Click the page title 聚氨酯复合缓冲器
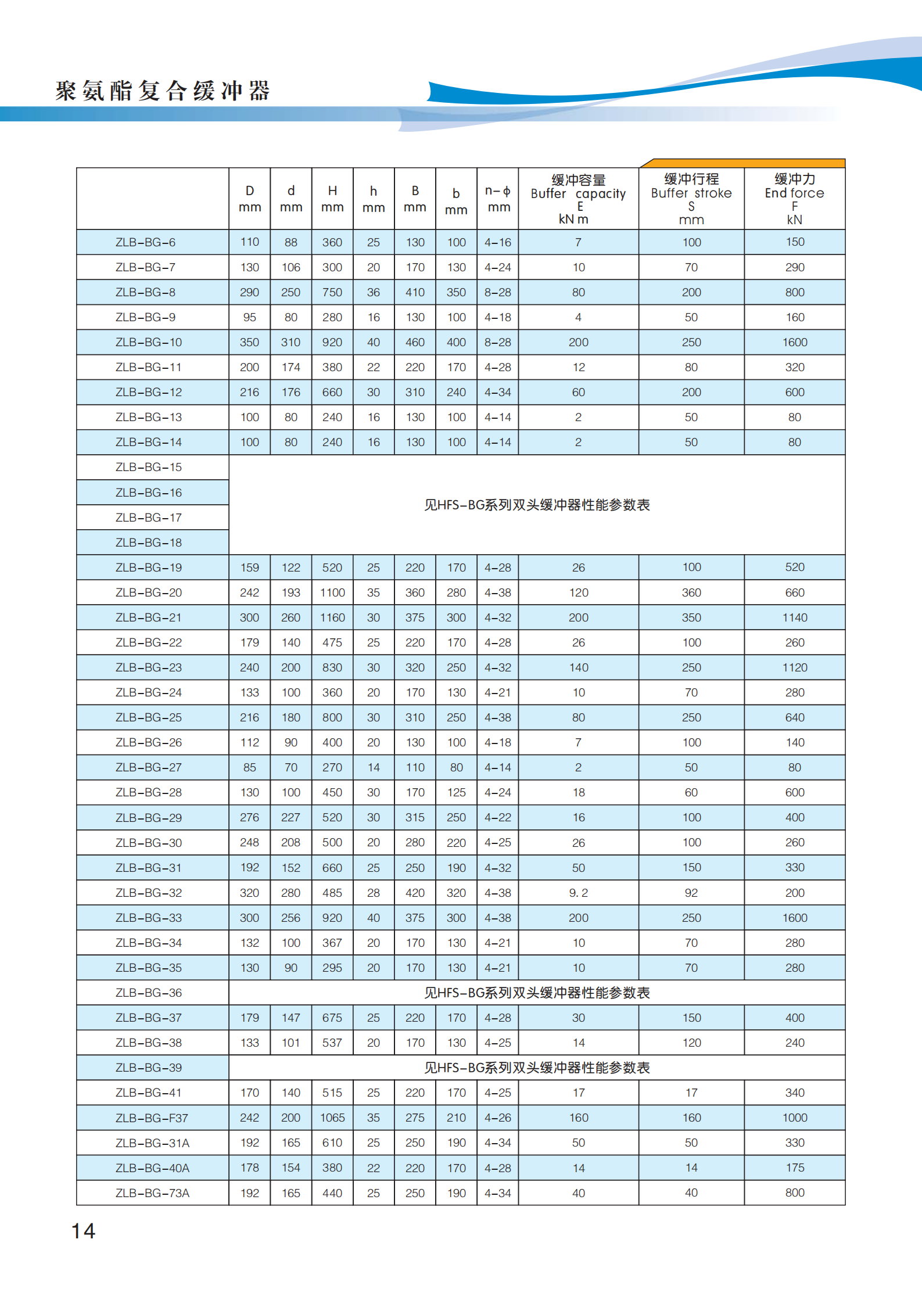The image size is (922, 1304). [x=163, y=91]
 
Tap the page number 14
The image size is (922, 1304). [x=83, y=1231]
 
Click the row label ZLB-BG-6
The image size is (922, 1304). [x=145, y=242]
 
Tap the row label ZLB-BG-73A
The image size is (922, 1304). [x=152, y=1192]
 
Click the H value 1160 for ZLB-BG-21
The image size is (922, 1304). [x=332, y=617]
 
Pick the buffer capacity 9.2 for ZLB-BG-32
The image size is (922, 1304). [x=578, y=893]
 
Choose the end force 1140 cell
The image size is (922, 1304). [x=794, y=617]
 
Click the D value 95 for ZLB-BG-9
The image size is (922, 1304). [x=249, y=317]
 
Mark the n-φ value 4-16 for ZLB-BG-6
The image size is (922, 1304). [x=498, y=242]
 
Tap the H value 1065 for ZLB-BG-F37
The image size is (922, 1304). [x=332, y=1118]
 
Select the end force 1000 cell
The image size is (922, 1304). [x=794, y=1118]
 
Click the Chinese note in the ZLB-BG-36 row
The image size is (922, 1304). [x=537, y=993]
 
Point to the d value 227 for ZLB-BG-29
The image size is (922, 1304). [x=290, y=817]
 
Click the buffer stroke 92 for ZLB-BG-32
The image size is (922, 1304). [x=691, y=893]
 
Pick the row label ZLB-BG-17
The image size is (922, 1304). [x=149, y=518]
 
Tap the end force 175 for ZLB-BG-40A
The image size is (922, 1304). [x=794, y=1168]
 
